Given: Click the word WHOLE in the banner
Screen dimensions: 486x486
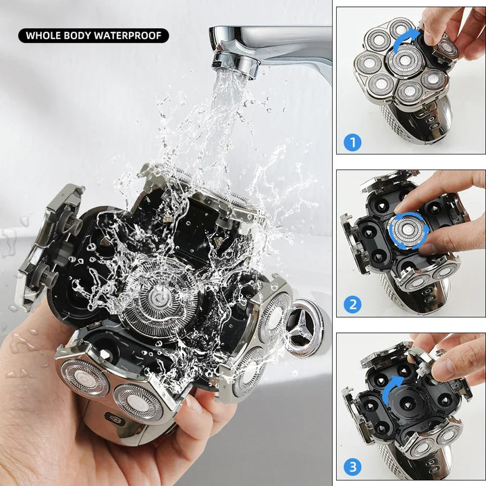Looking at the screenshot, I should point(45,35).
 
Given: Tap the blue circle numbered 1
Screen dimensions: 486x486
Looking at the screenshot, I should point(353,142).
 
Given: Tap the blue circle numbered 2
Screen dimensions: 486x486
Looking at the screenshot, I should point(353,304).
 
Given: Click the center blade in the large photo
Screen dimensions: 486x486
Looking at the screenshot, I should point(159,298).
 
